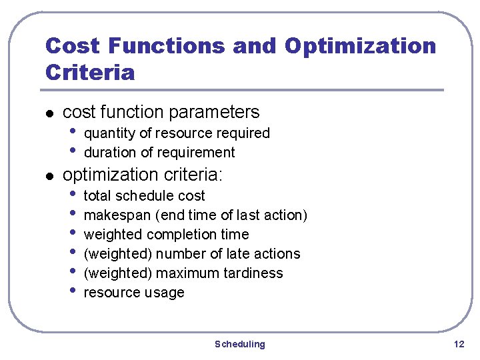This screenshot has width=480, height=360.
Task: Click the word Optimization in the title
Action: [x=360, y=46]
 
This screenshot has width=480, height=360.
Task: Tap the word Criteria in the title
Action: [x=89, y=72]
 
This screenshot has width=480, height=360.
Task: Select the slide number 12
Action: [x=459, y=344]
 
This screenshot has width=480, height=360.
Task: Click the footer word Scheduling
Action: [x=239, y=344]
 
